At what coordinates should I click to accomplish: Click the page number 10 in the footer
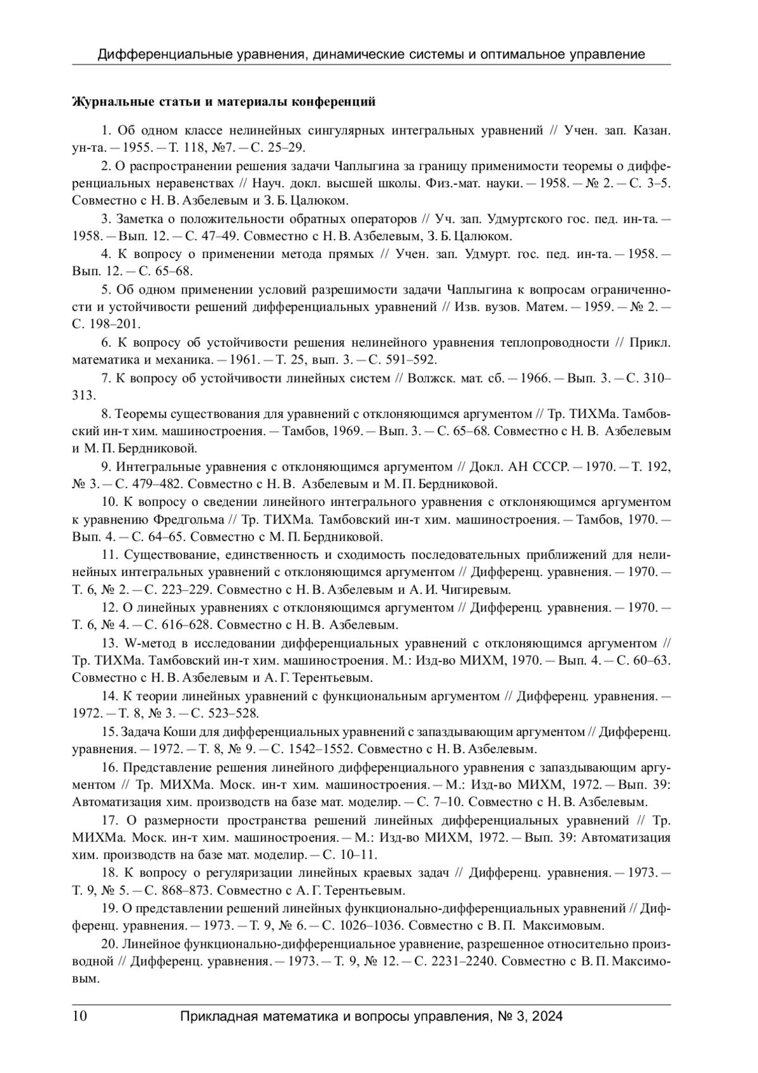click(x=80, y=1017)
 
